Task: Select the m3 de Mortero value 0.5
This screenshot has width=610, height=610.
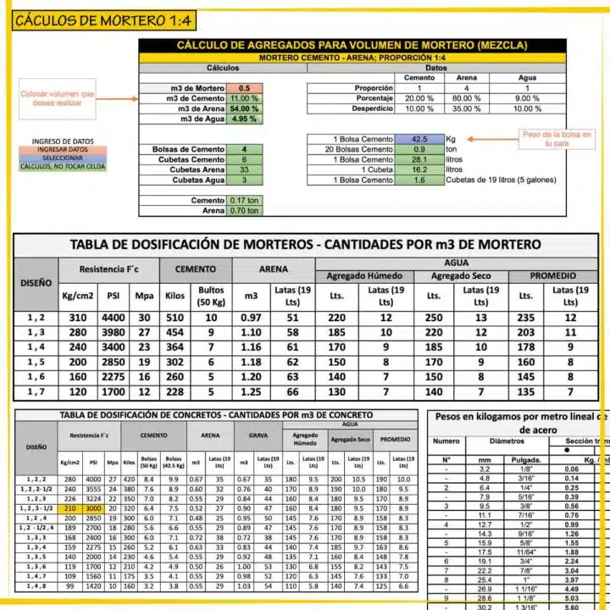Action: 245,88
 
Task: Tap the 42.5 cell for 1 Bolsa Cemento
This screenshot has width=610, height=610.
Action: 419,139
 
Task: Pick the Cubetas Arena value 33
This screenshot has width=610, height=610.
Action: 245,169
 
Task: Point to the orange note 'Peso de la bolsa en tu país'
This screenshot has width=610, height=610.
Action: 557,139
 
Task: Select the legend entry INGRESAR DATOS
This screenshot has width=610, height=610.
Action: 58,149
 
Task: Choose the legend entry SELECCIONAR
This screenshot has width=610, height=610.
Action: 58,158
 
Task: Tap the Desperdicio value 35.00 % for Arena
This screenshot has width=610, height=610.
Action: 467,108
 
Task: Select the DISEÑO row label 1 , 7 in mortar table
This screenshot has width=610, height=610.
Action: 36,392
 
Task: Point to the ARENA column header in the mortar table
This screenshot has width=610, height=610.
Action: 274,269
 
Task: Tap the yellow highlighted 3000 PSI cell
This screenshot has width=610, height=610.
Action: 94,507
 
